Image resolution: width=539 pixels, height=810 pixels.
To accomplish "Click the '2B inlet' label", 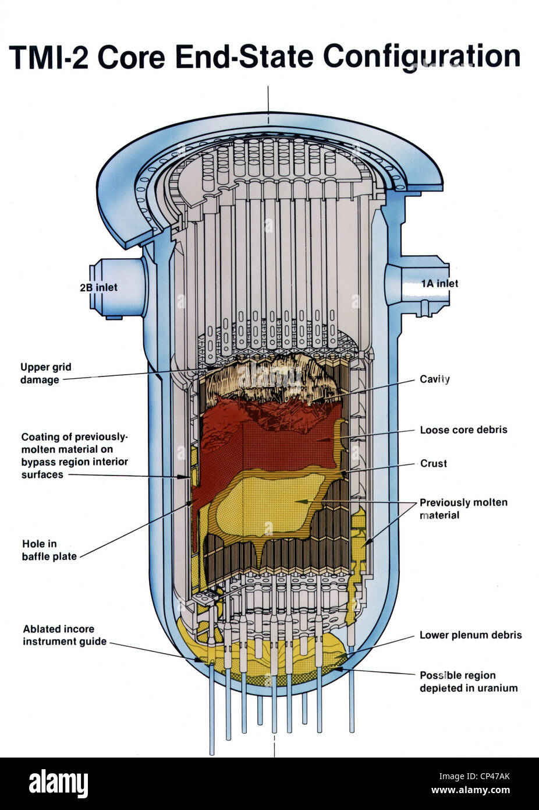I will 98,287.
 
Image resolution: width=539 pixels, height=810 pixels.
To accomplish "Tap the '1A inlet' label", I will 439,283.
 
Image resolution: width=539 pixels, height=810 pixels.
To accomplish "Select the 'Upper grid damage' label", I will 46,374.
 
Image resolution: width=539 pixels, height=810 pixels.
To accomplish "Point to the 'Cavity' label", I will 434,379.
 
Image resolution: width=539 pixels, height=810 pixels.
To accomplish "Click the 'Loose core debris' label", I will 463,430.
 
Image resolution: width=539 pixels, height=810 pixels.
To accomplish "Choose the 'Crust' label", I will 434,464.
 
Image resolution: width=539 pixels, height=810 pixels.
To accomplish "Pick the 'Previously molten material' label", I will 463,509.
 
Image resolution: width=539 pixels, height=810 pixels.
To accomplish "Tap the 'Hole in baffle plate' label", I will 49,550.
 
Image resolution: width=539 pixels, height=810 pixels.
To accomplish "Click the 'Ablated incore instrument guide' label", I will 65,635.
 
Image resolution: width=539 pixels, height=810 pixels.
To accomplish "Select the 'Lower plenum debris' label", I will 470,635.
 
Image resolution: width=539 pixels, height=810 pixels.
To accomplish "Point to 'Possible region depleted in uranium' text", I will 468,682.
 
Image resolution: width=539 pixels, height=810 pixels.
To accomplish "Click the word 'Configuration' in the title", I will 421,57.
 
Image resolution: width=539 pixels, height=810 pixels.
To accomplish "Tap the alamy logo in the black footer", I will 58,783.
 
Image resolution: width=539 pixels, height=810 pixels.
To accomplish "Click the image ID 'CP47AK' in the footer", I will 493,776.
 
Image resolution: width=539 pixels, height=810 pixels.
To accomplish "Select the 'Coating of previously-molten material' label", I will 75,456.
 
